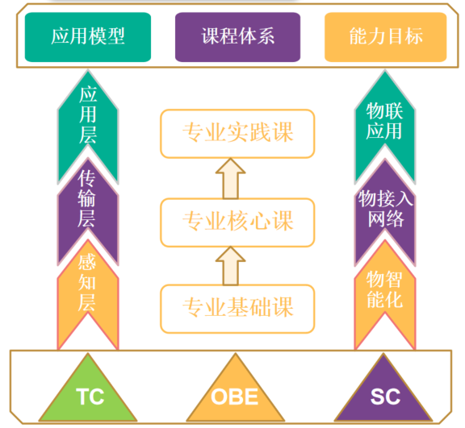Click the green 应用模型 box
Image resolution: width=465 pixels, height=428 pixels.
click(x=88, y=37)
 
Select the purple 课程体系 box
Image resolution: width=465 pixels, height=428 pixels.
click(x=237, y=37)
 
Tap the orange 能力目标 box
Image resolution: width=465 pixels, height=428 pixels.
click(x=386, y=37)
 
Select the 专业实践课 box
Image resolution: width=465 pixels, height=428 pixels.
click(x=237, y=134)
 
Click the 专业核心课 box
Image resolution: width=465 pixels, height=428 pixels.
click(x=237, y=222)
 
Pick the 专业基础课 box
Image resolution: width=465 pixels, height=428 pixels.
click(x=237, y=309)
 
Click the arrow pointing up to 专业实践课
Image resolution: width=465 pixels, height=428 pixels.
click(x=230, y=178)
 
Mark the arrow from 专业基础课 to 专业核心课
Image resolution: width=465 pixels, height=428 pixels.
click(x=230, y=266)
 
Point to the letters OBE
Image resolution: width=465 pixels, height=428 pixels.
click(x=234, y=397)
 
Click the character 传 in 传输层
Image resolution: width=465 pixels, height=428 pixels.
click(x=86, y=178)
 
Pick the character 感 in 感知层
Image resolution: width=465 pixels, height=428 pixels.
click(x=87, y=262)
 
